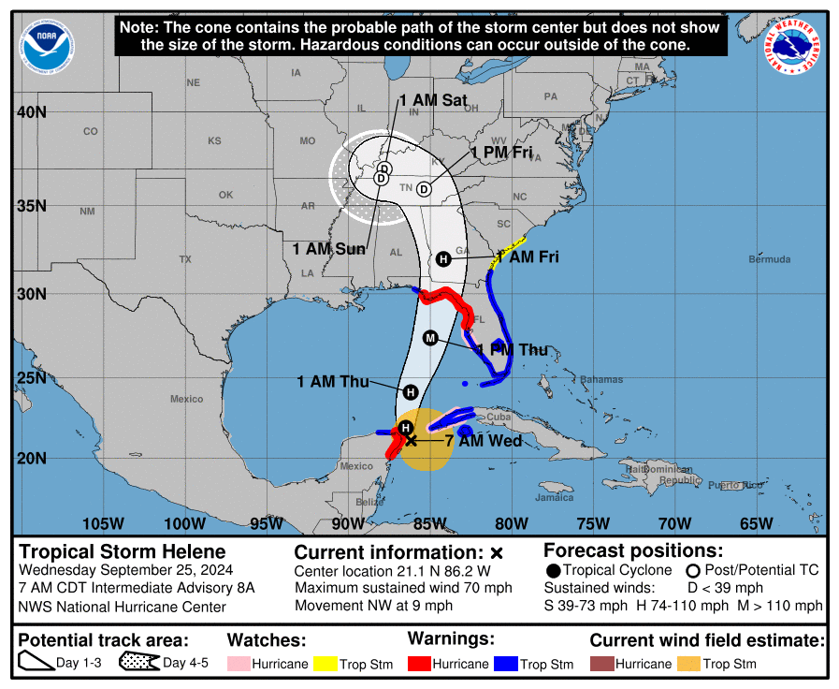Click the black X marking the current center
click(411, 440)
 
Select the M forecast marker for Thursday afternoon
click(431, 338)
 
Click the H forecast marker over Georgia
click(443, 258)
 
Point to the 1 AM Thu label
click(332, 381)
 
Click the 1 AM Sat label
click(433, 100)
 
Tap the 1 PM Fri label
click(501, 153)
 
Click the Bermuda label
click(770, 259)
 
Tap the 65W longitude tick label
click(755, 522)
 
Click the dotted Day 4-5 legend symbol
click(139, 663)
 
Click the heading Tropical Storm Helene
click(123, 551)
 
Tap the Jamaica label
click(555, 497)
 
